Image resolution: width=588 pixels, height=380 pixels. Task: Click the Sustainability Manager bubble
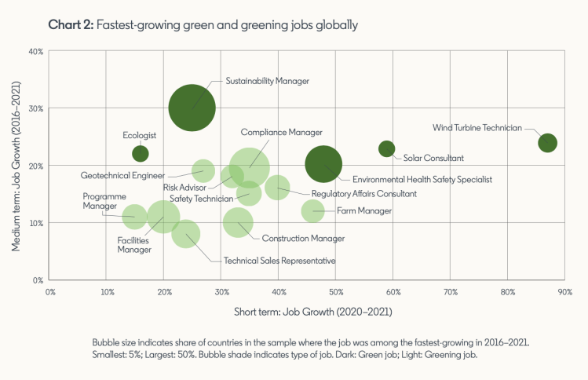click(192, 108)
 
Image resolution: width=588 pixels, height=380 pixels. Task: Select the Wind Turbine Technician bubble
click(547, 143)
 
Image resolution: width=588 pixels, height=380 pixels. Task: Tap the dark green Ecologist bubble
click(140, 153)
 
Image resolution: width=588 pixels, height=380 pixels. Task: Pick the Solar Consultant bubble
click(386, 148)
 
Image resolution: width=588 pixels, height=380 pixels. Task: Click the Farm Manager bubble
click(312, 210)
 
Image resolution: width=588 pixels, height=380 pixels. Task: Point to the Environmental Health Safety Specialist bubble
click(323, 165)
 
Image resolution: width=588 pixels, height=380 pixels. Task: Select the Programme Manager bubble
click(134, 216)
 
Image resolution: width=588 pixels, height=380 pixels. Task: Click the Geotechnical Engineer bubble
click(203, 170)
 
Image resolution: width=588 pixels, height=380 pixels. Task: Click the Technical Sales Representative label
click(279, 261)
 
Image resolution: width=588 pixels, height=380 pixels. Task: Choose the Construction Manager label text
click(303, 238)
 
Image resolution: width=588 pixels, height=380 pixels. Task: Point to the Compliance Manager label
click(282, 132)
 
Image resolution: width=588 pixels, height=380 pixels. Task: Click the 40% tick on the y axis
click(35, 52)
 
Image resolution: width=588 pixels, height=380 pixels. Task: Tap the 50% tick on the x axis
click(336, 290)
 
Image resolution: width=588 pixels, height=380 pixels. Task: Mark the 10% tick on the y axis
click(35, 223)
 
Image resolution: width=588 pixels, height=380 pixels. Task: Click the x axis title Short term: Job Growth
click(313, 312)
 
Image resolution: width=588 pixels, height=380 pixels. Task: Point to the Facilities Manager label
click(134, 246)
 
